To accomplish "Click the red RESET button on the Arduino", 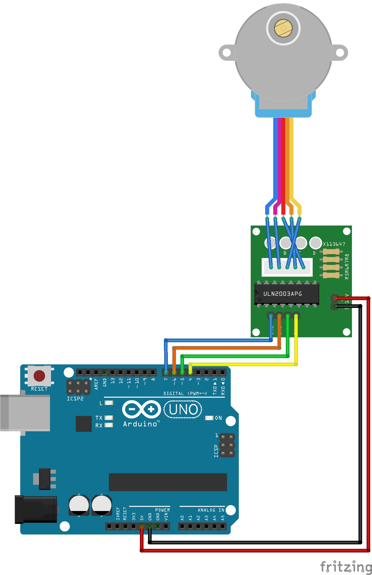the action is pos(39,376).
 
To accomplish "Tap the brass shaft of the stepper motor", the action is pos(283,28).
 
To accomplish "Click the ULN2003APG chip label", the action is pos(283,294).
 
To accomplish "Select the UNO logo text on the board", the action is pos(183,409).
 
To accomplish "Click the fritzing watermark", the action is pos(346,567).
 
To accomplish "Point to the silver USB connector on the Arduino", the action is pos(25,413).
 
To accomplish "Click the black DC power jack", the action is pos(36,510).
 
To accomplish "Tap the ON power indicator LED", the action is pos(209,418).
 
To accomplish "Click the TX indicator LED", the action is pos(109,418).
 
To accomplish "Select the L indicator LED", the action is pos(109,403).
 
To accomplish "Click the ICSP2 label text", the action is pos(75,399).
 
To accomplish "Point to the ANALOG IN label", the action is pos(211,510).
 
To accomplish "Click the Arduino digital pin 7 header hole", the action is pos(166,373).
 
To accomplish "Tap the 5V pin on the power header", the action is pos(142,526).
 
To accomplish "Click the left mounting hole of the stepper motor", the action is pos(227,53).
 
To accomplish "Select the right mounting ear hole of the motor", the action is pos(340,53).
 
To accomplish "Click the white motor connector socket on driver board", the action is pos(287,267).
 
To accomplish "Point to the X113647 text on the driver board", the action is pos(334,244).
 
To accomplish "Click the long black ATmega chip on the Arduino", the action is pos(168,482).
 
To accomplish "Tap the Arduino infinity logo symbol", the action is pos(141,409).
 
